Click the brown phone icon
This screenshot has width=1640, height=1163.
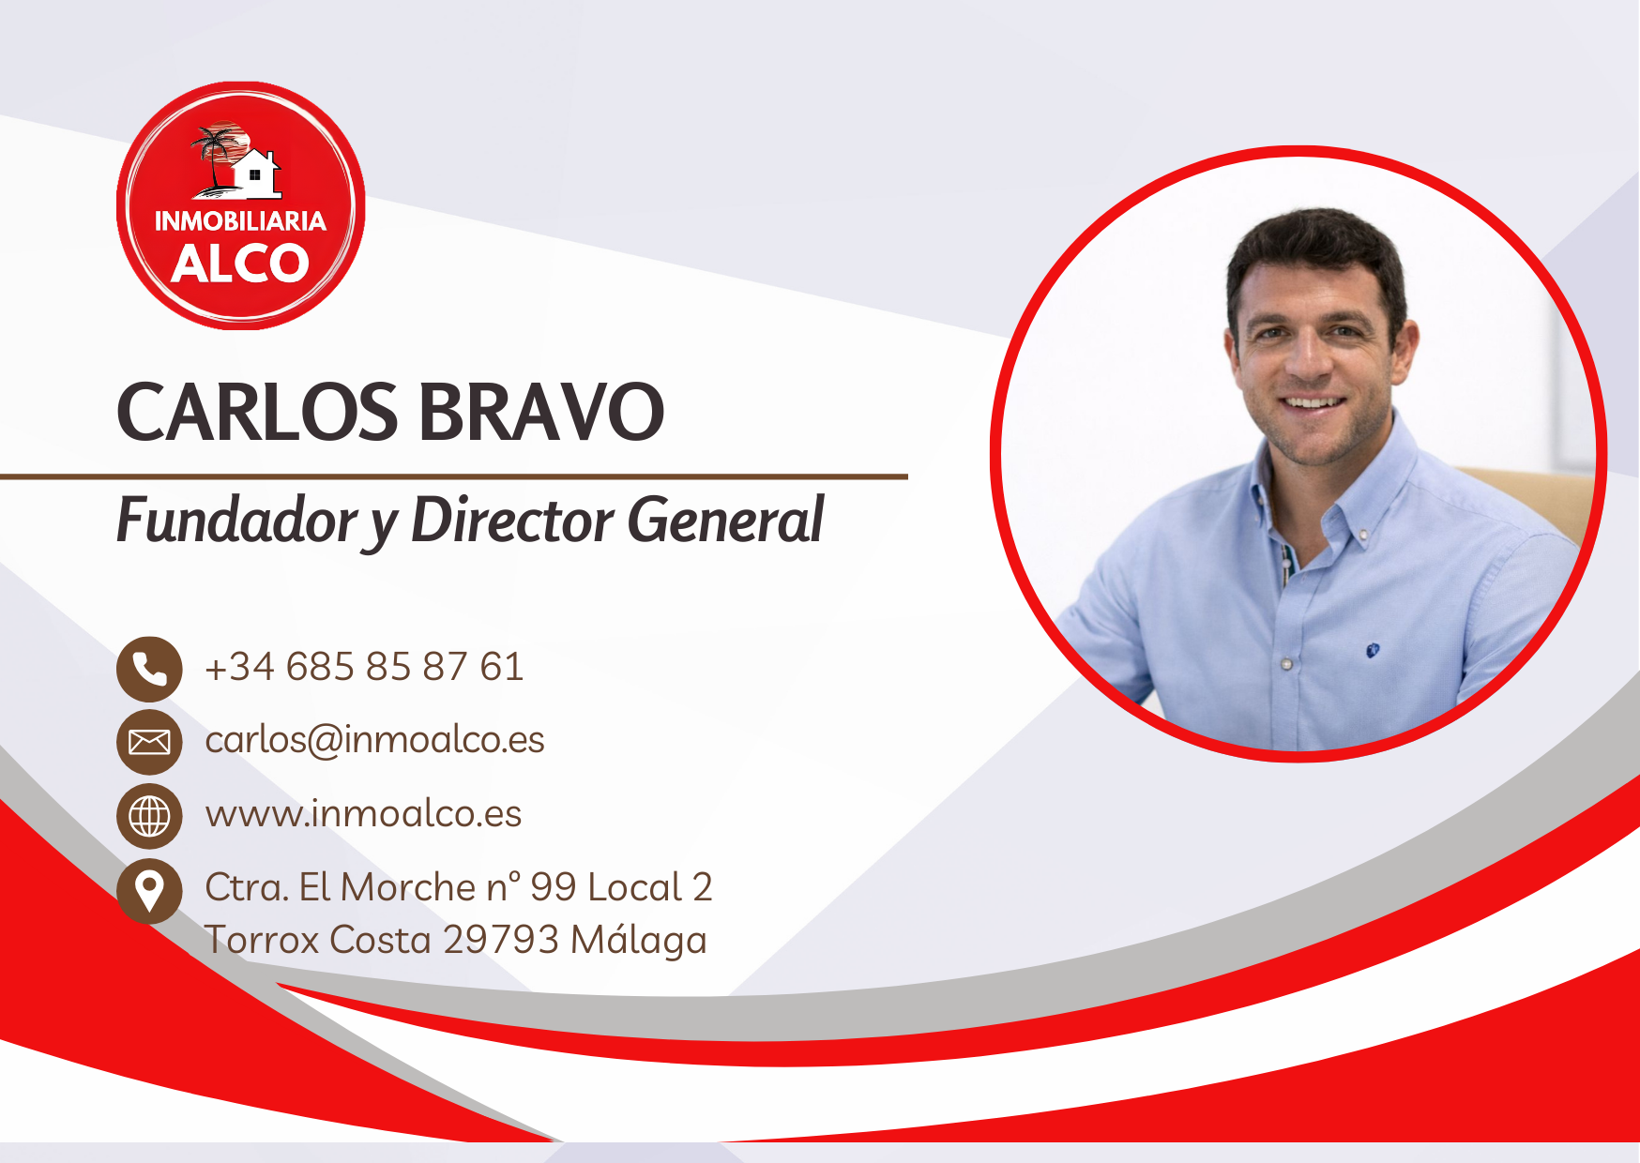[149, 669]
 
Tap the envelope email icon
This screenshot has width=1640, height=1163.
[149, 742]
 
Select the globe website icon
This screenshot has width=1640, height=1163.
[149, 816]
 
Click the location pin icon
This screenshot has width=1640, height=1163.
[149, 890]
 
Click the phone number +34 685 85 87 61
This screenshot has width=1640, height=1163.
[364, 667]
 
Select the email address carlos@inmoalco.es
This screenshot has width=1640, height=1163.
[374, 740]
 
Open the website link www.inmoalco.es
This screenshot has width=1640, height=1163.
[363, 814]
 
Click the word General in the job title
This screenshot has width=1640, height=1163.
[725, 521]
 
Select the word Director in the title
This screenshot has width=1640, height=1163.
[512, 521]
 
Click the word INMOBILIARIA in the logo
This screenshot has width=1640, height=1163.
[240, 221]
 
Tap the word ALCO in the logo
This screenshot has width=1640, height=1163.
[240, 264]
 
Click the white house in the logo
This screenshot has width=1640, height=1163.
[256, 174]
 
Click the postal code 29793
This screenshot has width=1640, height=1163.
[501, 940]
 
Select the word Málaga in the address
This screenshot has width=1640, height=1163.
[638, 940]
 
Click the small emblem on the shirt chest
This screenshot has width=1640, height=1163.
[1372, 649]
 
